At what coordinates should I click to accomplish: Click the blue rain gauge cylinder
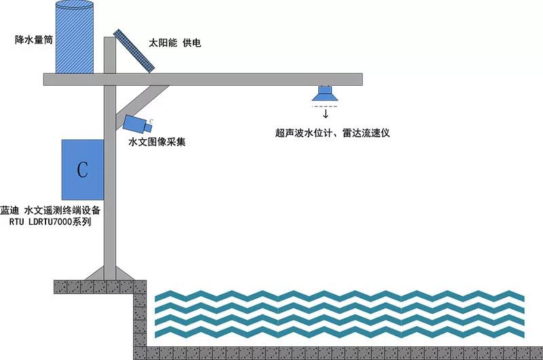74,41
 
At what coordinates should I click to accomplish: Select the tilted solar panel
135,50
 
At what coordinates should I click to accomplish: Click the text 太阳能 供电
175,43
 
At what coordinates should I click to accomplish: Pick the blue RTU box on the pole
82,167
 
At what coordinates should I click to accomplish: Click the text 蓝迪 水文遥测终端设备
51,211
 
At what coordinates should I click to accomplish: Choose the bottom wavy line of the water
339,333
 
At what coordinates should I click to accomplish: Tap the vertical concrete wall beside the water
139,319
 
